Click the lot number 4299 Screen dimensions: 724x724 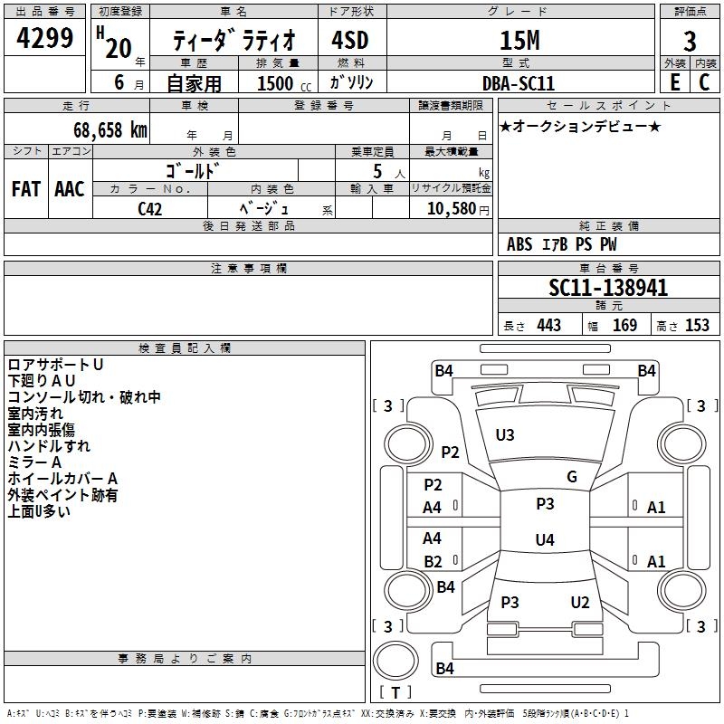click(44, 37)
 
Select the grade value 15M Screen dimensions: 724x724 click(519, 40)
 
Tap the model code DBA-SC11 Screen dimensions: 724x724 click(518, 83)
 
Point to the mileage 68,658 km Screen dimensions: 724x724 click(110, 129)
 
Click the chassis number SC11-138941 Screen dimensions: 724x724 click(608, 288)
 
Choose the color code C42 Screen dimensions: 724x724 click(150, 209)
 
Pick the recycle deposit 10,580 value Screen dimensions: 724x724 click(452, 208)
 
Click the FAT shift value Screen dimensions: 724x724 click(26, 189)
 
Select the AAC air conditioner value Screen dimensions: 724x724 click(70, 189)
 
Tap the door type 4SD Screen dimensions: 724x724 click(350, 40)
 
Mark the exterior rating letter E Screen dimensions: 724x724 click(675, 82)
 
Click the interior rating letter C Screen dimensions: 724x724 click(704, 82)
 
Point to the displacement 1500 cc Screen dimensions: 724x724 click(284, 83)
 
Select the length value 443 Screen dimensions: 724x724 click(549, 325)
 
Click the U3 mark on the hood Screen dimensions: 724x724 click(505, 434)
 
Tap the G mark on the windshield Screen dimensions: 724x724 click(572, 476)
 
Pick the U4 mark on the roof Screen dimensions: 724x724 click(545, 539)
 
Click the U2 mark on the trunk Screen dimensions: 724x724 click(580, 602)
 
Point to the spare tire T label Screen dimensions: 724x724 click(395, 692)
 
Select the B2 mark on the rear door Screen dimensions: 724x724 click(433, 561)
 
